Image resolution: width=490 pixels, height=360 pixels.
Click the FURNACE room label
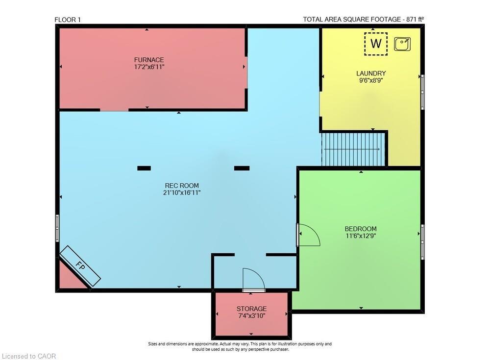(149, 60)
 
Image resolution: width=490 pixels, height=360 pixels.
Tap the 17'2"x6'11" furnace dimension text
(149, 67)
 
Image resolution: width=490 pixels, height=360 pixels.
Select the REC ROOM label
(182, 186)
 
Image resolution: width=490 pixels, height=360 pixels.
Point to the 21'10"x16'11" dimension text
(182, 193)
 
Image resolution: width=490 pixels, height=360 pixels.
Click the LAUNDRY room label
(371, 73)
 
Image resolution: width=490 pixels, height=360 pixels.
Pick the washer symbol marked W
(376, 44)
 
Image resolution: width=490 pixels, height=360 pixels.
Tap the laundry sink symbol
(402, 44)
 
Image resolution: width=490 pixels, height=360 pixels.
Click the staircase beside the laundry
(353, 149)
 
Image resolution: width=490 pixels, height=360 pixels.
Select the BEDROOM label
(361, 229)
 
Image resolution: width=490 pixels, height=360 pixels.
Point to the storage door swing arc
(259, 275)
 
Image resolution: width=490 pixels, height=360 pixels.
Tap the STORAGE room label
(251, 309)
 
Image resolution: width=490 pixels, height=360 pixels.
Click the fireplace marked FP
(80, 266)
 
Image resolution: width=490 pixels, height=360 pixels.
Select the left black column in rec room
(144, 168)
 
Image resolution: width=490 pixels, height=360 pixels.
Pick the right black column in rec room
(242, 168)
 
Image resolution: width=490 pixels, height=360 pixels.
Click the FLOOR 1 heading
(68, 20)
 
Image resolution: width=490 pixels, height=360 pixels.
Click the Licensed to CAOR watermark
(29, 356)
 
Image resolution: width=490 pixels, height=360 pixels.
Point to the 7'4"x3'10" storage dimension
(251, 316)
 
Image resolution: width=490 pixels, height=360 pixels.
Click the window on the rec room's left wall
(57, 228)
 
